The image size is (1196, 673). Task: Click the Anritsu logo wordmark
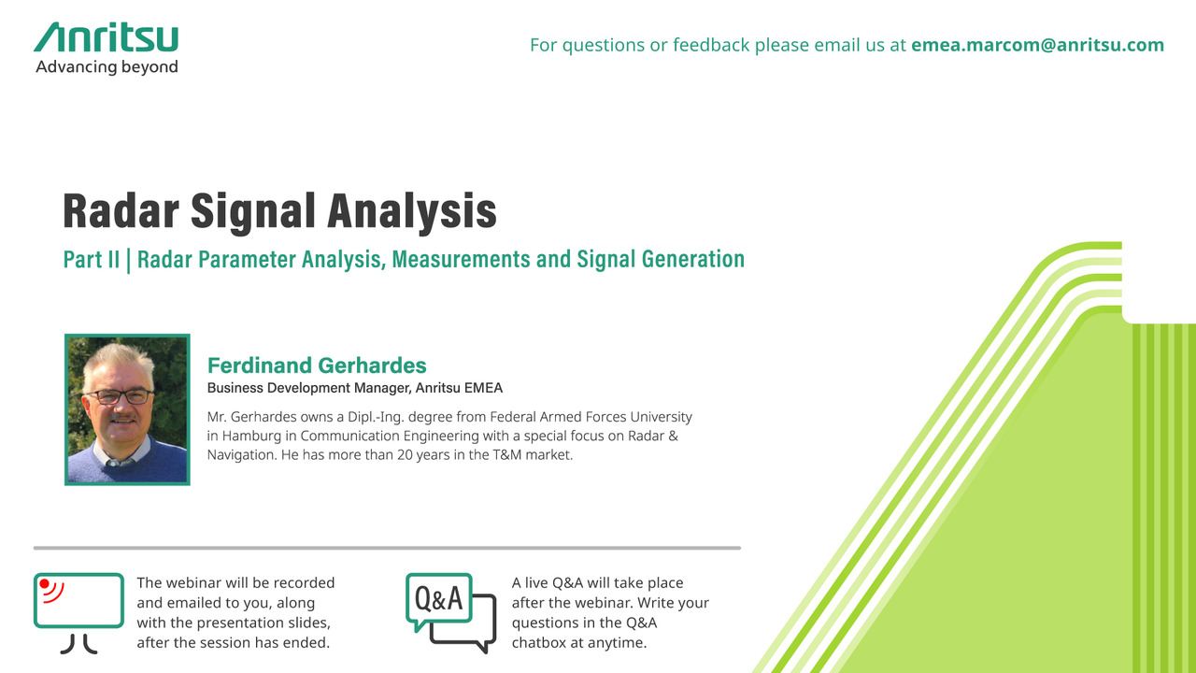(107, 36)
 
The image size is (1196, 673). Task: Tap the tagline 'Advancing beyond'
(107, 67)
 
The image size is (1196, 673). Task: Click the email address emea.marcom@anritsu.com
(1037, 45)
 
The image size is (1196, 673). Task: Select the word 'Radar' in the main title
(121, 210)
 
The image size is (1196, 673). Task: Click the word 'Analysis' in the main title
(412, 212)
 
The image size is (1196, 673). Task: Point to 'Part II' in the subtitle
(92, 260)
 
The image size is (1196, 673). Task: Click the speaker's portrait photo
(127, 409)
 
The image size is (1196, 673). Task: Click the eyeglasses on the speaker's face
(119, 396)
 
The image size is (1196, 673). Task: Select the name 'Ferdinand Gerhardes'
(317, 365)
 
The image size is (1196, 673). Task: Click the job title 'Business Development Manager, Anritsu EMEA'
(355, 388)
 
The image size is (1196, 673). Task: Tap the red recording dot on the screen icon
(45, 584)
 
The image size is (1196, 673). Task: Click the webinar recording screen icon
(79, 613)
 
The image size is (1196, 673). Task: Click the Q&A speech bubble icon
(451, 612)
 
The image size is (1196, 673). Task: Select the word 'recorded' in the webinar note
(304, 582)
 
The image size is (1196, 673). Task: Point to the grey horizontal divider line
(387, 548)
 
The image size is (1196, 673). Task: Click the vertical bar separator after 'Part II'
(128, 260)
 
